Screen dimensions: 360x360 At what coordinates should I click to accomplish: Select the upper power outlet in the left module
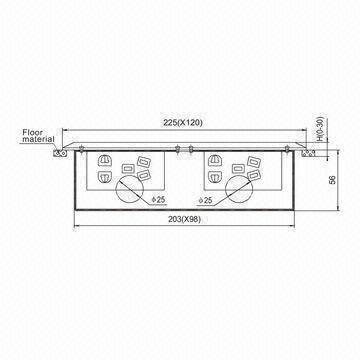point(106,159)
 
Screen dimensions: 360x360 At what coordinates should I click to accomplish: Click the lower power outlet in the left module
point(106,176)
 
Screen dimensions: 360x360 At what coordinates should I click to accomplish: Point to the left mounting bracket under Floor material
point(62,153)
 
